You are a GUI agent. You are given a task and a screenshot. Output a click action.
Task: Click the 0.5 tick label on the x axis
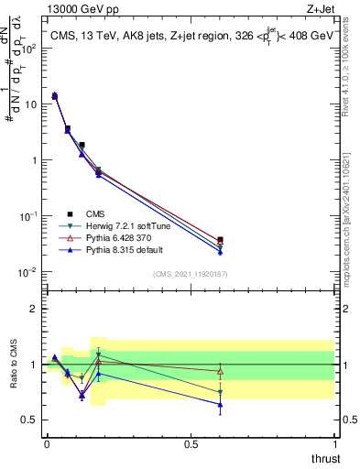coord(191,444)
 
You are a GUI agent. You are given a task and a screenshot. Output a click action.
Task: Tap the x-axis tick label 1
coord(334,444)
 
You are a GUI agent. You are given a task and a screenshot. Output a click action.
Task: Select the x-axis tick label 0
coord(47,444)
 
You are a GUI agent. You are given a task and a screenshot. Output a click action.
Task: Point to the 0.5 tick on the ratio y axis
coord(31,420)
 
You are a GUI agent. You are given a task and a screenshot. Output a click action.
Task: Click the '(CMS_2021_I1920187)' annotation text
coord(191,274)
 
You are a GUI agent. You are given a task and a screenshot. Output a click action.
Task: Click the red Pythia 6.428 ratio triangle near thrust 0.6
coord(220,371)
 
